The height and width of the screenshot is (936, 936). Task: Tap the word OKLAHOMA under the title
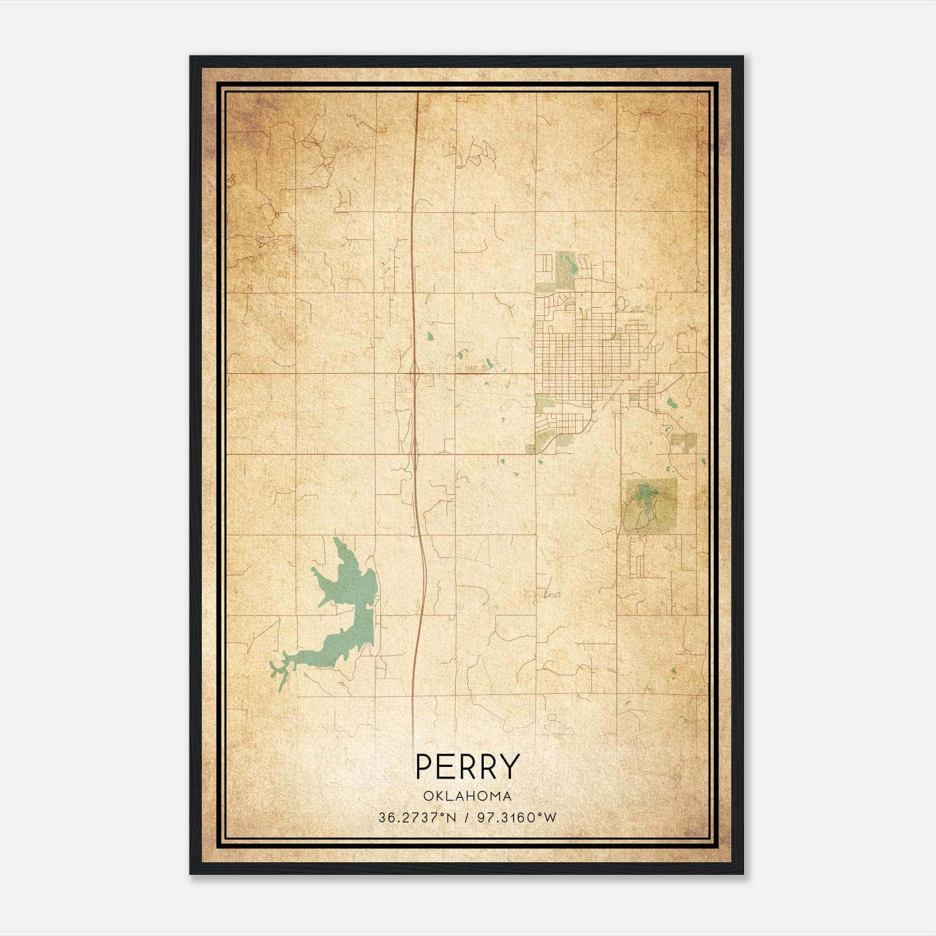click(467, 796)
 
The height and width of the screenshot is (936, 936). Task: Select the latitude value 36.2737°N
click(416, 818)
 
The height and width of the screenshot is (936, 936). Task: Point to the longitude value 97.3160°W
click(517, 818)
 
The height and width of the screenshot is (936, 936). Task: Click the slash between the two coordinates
click(467, 818)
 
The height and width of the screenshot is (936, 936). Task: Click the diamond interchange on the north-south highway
click(414, 372)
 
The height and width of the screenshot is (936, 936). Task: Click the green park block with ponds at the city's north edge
click(565, 270)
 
